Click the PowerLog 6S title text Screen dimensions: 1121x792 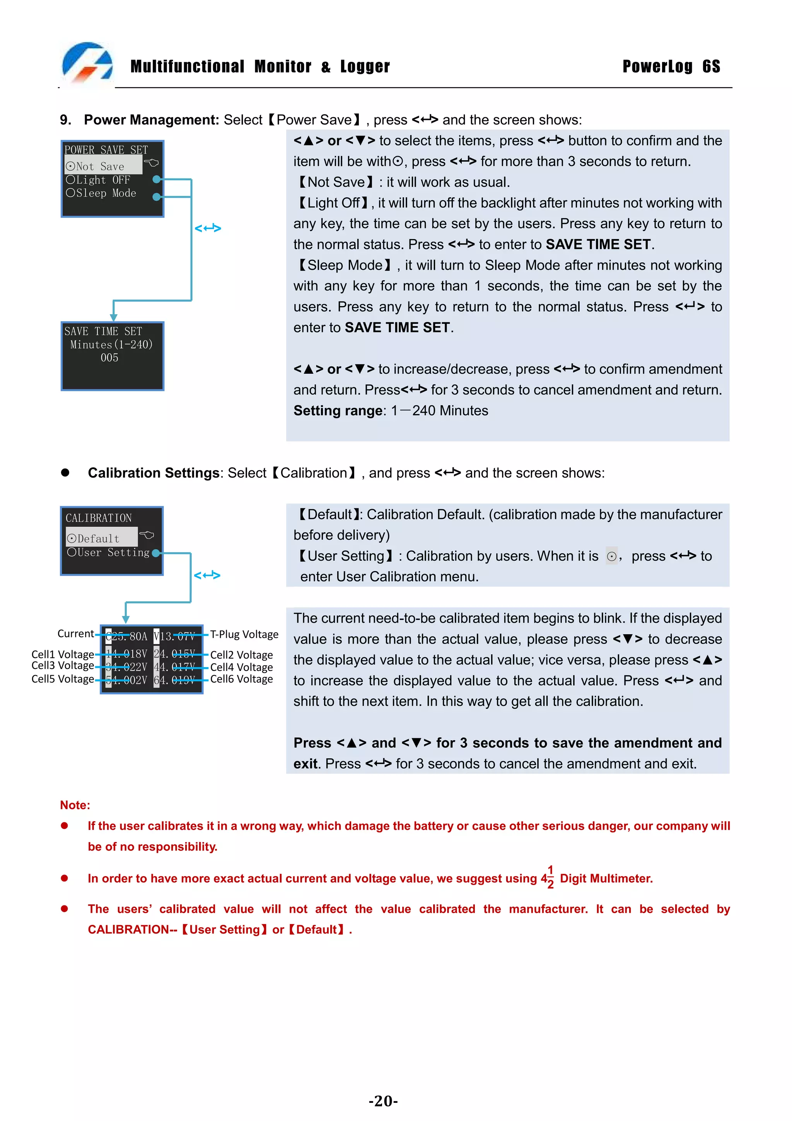[x=671, y=67]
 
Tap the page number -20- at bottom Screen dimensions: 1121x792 [x=383, y=1101]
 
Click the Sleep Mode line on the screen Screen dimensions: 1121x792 [x=101, y=193]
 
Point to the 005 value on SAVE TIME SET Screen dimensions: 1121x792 [x=109, y=358]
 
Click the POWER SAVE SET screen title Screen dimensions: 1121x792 [x=106, y=150]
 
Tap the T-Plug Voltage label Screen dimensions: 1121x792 [x=244, y=634]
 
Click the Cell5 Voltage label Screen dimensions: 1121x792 [x=63, y=679]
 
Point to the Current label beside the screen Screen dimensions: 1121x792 [x=76, y=634]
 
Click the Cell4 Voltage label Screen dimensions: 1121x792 [x=241, y=667]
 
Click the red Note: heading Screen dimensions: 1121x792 [x=75, y=805]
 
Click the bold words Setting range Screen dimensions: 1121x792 [x=338, y=411]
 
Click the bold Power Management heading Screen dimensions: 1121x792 [x=151, y=120]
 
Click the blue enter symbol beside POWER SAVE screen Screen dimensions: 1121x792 [x=207, y=228]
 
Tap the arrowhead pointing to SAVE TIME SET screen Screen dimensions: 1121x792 [x=114, y=317]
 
